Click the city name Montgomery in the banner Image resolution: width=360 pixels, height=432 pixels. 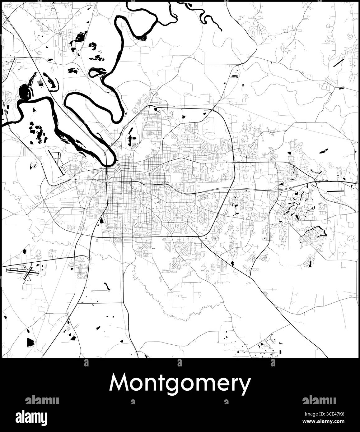pos(180,383)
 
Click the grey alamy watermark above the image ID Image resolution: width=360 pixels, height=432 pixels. pos(319,400)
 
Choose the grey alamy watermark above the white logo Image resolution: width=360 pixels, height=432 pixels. pos(42,400)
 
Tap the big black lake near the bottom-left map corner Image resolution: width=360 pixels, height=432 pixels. pos(30,342)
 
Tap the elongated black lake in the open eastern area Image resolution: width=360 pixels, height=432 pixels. pos(323,151)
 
